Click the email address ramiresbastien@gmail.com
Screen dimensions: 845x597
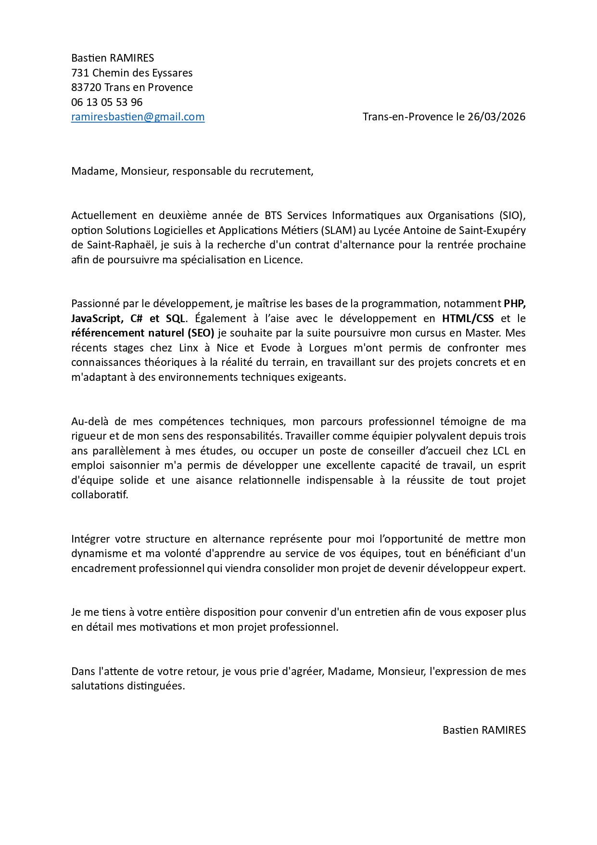[x=138, y=117]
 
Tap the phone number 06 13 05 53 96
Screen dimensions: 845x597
[x=107, y=102]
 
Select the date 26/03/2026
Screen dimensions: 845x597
[x=496, y=117]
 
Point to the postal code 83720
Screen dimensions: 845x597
[x=86, y=88]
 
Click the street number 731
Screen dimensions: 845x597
[x=80, y=73]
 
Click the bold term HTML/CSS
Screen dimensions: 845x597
[x=468, y=319]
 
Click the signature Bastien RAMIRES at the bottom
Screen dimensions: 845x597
[x=484, y=730]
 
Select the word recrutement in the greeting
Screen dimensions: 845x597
[x=284, y=171]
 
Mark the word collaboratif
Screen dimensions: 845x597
[x=100, y=495]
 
